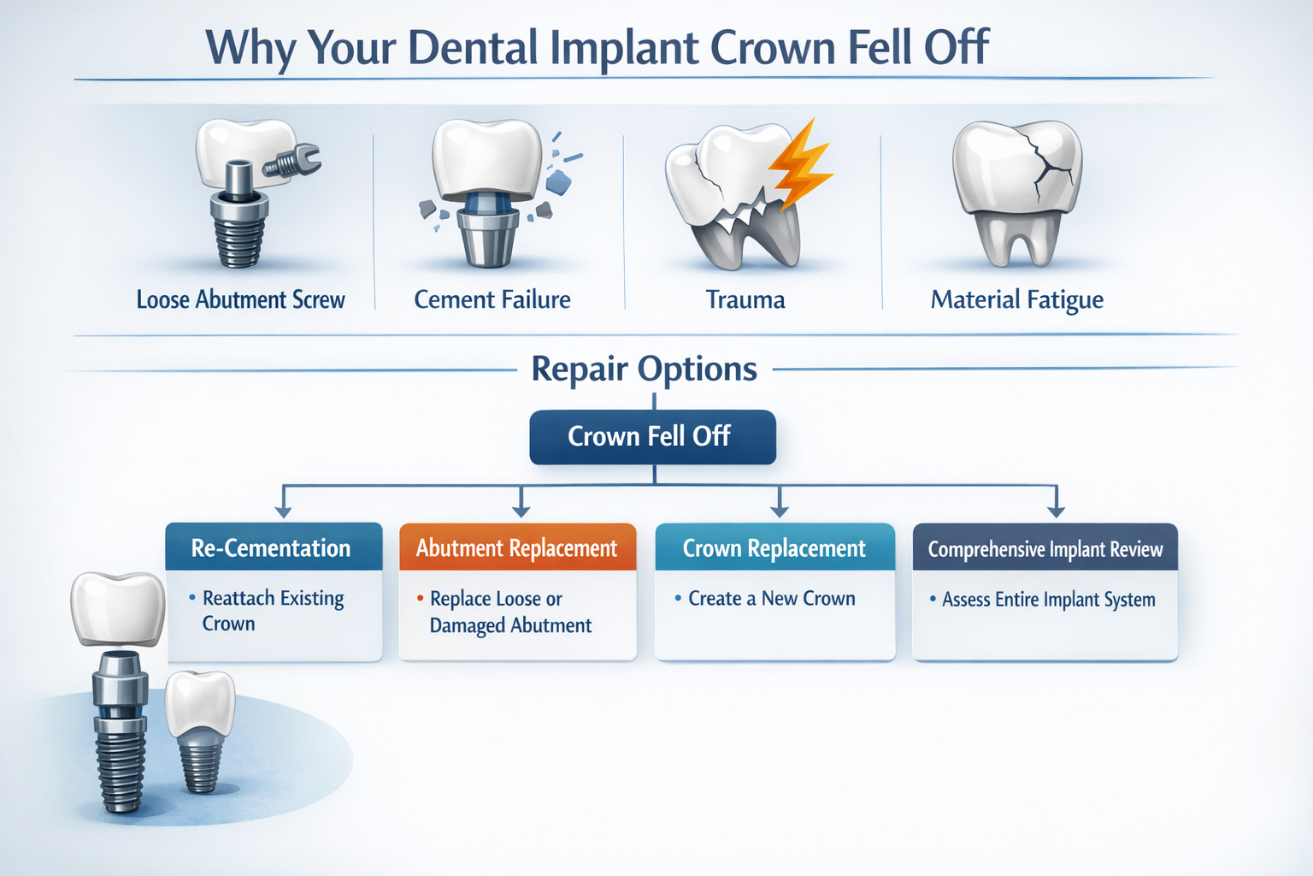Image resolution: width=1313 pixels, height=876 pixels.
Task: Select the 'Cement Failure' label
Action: point(492,299)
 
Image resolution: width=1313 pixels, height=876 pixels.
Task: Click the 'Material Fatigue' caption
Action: point(1016,299)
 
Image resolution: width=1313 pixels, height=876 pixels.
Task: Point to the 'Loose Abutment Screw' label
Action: point(240,299)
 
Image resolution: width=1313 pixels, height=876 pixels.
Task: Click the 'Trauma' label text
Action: point(745,299)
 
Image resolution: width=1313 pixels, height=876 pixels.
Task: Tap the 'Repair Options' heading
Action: point(644,369)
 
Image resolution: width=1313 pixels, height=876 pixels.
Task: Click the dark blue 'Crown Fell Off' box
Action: point(652,437)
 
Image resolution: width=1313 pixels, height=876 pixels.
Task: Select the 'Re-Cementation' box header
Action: point(273,547)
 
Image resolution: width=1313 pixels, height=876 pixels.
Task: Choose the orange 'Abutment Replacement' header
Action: point(517,547)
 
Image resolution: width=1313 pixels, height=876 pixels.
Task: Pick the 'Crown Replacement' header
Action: point(774,547)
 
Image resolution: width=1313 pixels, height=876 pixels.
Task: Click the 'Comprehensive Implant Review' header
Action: point(1045,548)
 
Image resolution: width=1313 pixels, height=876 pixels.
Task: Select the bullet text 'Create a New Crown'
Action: point(771,599)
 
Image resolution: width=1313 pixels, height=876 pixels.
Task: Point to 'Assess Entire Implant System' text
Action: point(1048,600)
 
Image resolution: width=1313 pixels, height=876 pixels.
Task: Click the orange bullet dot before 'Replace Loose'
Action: point(420,598)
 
